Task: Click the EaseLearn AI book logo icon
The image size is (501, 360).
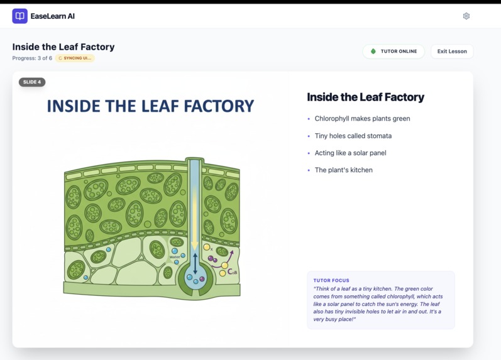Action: click(19, 16)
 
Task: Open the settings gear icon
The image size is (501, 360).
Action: click(466, 16)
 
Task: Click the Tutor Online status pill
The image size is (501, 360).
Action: click(394, 52)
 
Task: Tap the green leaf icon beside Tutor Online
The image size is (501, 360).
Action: click(373, 52)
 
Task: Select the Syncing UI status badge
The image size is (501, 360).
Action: click(75, 58)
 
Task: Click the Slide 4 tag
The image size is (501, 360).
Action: click(32, 82)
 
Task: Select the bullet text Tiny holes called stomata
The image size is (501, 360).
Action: click(353, 136)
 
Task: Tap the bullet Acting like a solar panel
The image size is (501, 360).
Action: click(350, 153)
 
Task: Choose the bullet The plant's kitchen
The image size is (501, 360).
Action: click(343, 170)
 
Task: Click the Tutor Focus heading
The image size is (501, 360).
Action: click(331, 281)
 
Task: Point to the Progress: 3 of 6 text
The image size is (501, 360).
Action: click(32, 58)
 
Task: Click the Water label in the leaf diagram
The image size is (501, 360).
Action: click(174, 256)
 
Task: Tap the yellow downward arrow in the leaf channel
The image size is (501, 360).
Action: click(195, 220)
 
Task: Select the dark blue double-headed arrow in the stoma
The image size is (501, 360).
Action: click(195, 263)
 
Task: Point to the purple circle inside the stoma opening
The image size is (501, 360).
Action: click(202, 278)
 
